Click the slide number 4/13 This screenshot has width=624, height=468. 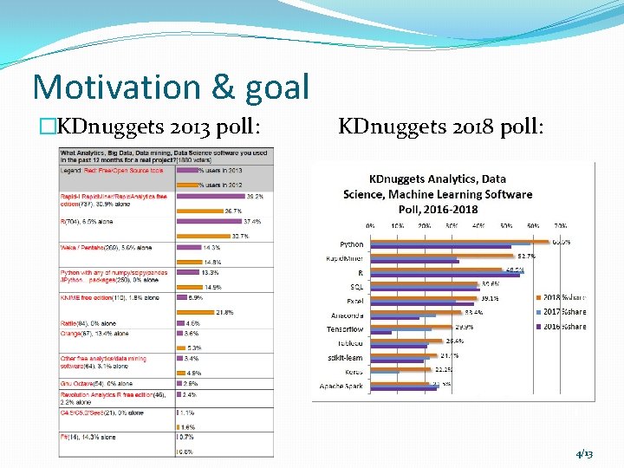coord(583,454)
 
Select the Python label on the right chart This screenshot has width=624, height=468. coord(351,244)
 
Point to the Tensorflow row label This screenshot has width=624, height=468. coord(345,329)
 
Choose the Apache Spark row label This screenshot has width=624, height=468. coord(341,386)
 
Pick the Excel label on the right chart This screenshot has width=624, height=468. coord(354,301)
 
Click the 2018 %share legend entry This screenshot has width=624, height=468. coord(562,298)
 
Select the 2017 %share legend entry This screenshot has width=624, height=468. coord(562,312)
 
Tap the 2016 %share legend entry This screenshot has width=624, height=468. coord(562,326)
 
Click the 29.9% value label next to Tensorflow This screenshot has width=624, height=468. coord(464,327)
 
